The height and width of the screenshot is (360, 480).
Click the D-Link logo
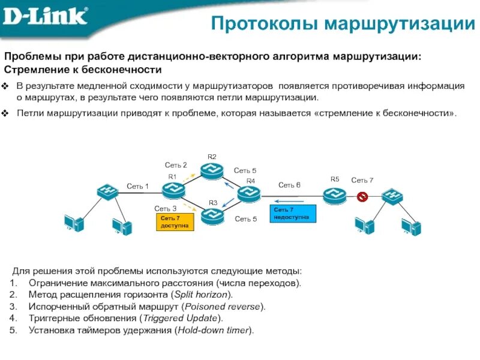pos(45,17)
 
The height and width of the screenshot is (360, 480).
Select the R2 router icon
pos(211,170)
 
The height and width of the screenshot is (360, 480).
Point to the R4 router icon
pos(248,194)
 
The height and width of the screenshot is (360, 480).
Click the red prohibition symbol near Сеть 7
pos(362,196)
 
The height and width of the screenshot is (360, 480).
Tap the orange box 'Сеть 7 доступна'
pos(174,221)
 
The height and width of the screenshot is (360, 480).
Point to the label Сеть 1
pos(137,186)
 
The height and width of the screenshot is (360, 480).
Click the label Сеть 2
pos(176,164)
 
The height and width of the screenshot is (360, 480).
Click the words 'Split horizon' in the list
pos(199,294)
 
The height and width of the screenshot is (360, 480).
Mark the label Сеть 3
pos(166,208)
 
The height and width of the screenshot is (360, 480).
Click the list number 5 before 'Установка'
pos(13,330)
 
